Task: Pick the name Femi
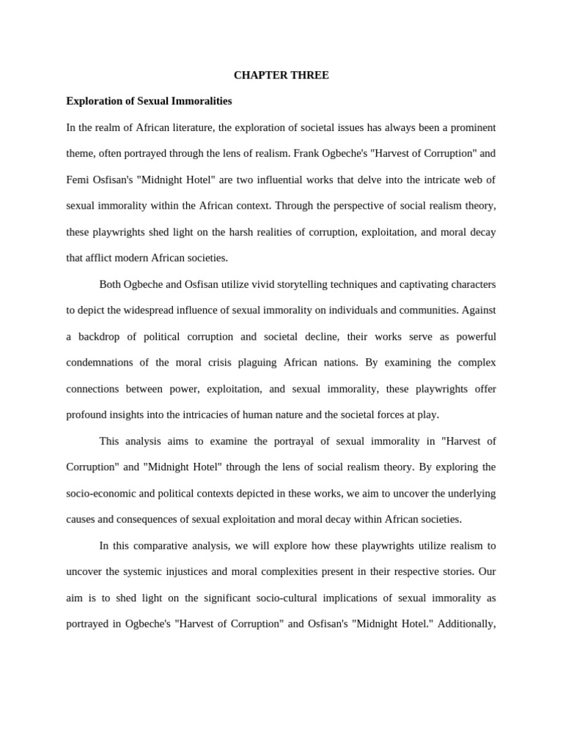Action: click(77, 179)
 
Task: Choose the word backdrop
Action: click(98, 336)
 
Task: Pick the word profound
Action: click(87, 415)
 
